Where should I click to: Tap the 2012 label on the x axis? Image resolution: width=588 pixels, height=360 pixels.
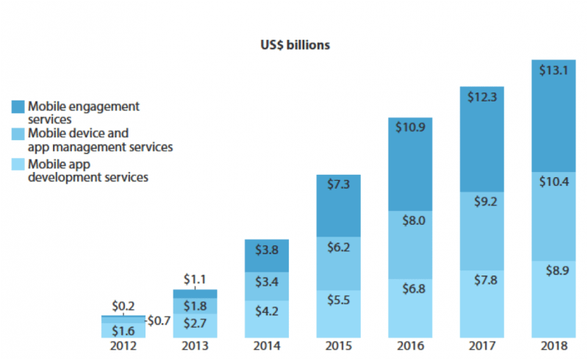(123, 345)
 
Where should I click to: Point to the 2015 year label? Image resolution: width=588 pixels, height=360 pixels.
(339, 345)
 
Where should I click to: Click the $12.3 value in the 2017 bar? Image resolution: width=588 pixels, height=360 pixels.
(483, 97)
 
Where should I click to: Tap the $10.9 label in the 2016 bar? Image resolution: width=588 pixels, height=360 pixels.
(411, 127)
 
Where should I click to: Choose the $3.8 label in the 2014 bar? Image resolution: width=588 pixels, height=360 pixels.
(267, 249)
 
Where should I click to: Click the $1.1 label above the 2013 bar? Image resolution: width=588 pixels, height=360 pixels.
(195, 279)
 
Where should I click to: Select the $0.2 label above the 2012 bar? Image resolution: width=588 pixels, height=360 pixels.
(123, 305)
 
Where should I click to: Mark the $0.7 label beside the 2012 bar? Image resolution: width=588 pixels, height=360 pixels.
(159, 320)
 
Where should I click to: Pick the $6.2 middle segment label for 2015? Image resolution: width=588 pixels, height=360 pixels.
(339, 248)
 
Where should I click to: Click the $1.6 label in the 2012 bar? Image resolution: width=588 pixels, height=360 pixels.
(123, 331)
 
